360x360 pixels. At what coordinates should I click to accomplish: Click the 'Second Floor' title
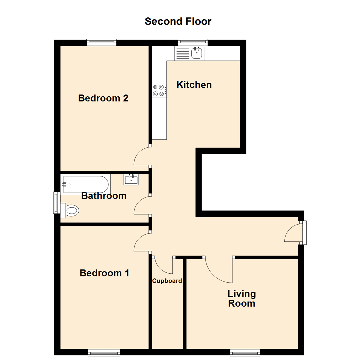pyautogui.click(x=178, y=21)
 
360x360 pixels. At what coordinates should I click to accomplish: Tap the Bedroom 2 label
pyautogui.click(x=103, y=98)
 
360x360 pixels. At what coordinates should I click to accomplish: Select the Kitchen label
pyautogui.click(x=194, y=85)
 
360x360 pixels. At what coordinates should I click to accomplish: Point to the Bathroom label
pyautogui.click(x=104, y=196)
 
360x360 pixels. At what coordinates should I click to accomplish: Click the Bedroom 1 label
pyautogui.click(x=104, y=273)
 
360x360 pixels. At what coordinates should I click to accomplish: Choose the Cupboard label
pyautogui.click(x=167, y=281)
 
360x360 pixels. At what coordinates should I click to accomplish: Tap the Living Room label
pyautogui.click(x=242, y=298)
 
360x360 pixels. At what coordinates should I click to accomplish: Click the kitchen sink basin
pyautogui.click(x=197, y=53)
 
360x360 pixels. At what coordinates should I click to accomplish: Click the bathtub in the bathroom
pyautogui.click(x=85, y=184)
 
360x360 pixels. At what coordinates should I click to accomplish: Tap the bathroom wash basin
pyautogui.click(x=131, y=180)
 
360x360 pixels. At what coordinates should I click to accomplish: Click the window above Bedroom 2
pyautogui.click(x=101, y=42)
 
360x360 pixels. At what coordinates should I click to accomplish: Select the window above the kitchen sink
pyautogui.click(x=193, y=42)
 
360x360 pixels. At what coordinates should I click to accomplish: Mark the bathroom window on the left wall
pyautogui.click(x=57, y=203)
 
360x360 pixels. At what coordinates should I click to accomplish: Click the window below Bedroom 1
pyautogui.click(x=104, y=352)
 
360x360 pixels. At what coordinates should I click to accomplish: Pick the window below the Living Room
pyautogui.click(x=245, y=352)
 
